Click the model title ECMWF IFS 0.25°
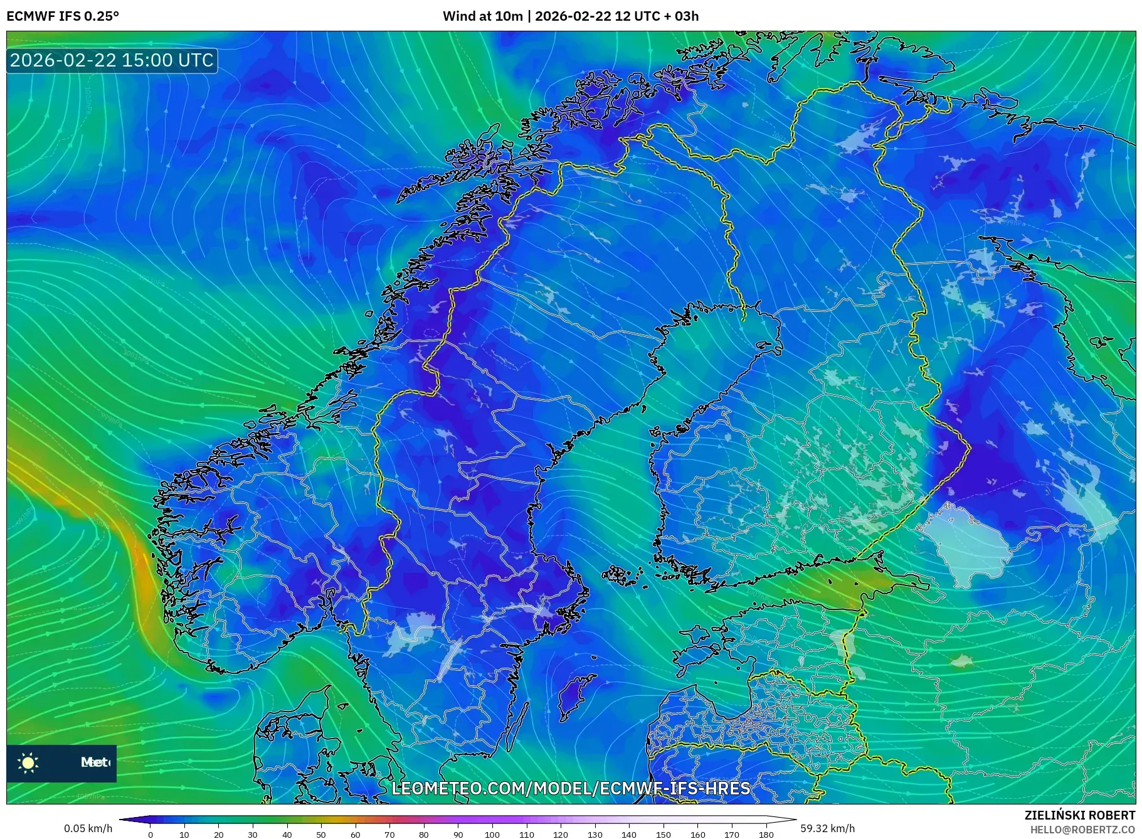pos(63,16)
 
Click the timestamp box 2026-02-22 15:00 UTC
pos(112,60)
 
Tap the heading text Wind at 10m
pos(482,16)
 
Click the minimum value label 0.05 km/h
pos(88,828)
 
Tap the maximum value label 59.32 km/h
pos(827,828)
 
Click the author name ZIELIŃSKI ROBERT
pos(1079,815)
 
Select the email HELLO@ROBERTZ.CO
pos(1082,830)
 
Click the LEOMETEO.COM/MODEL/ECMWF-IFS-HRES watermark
pos(571,788)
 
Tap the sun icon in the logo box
pos(28,762)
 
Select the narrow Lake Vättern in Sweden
pos(450,659)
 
